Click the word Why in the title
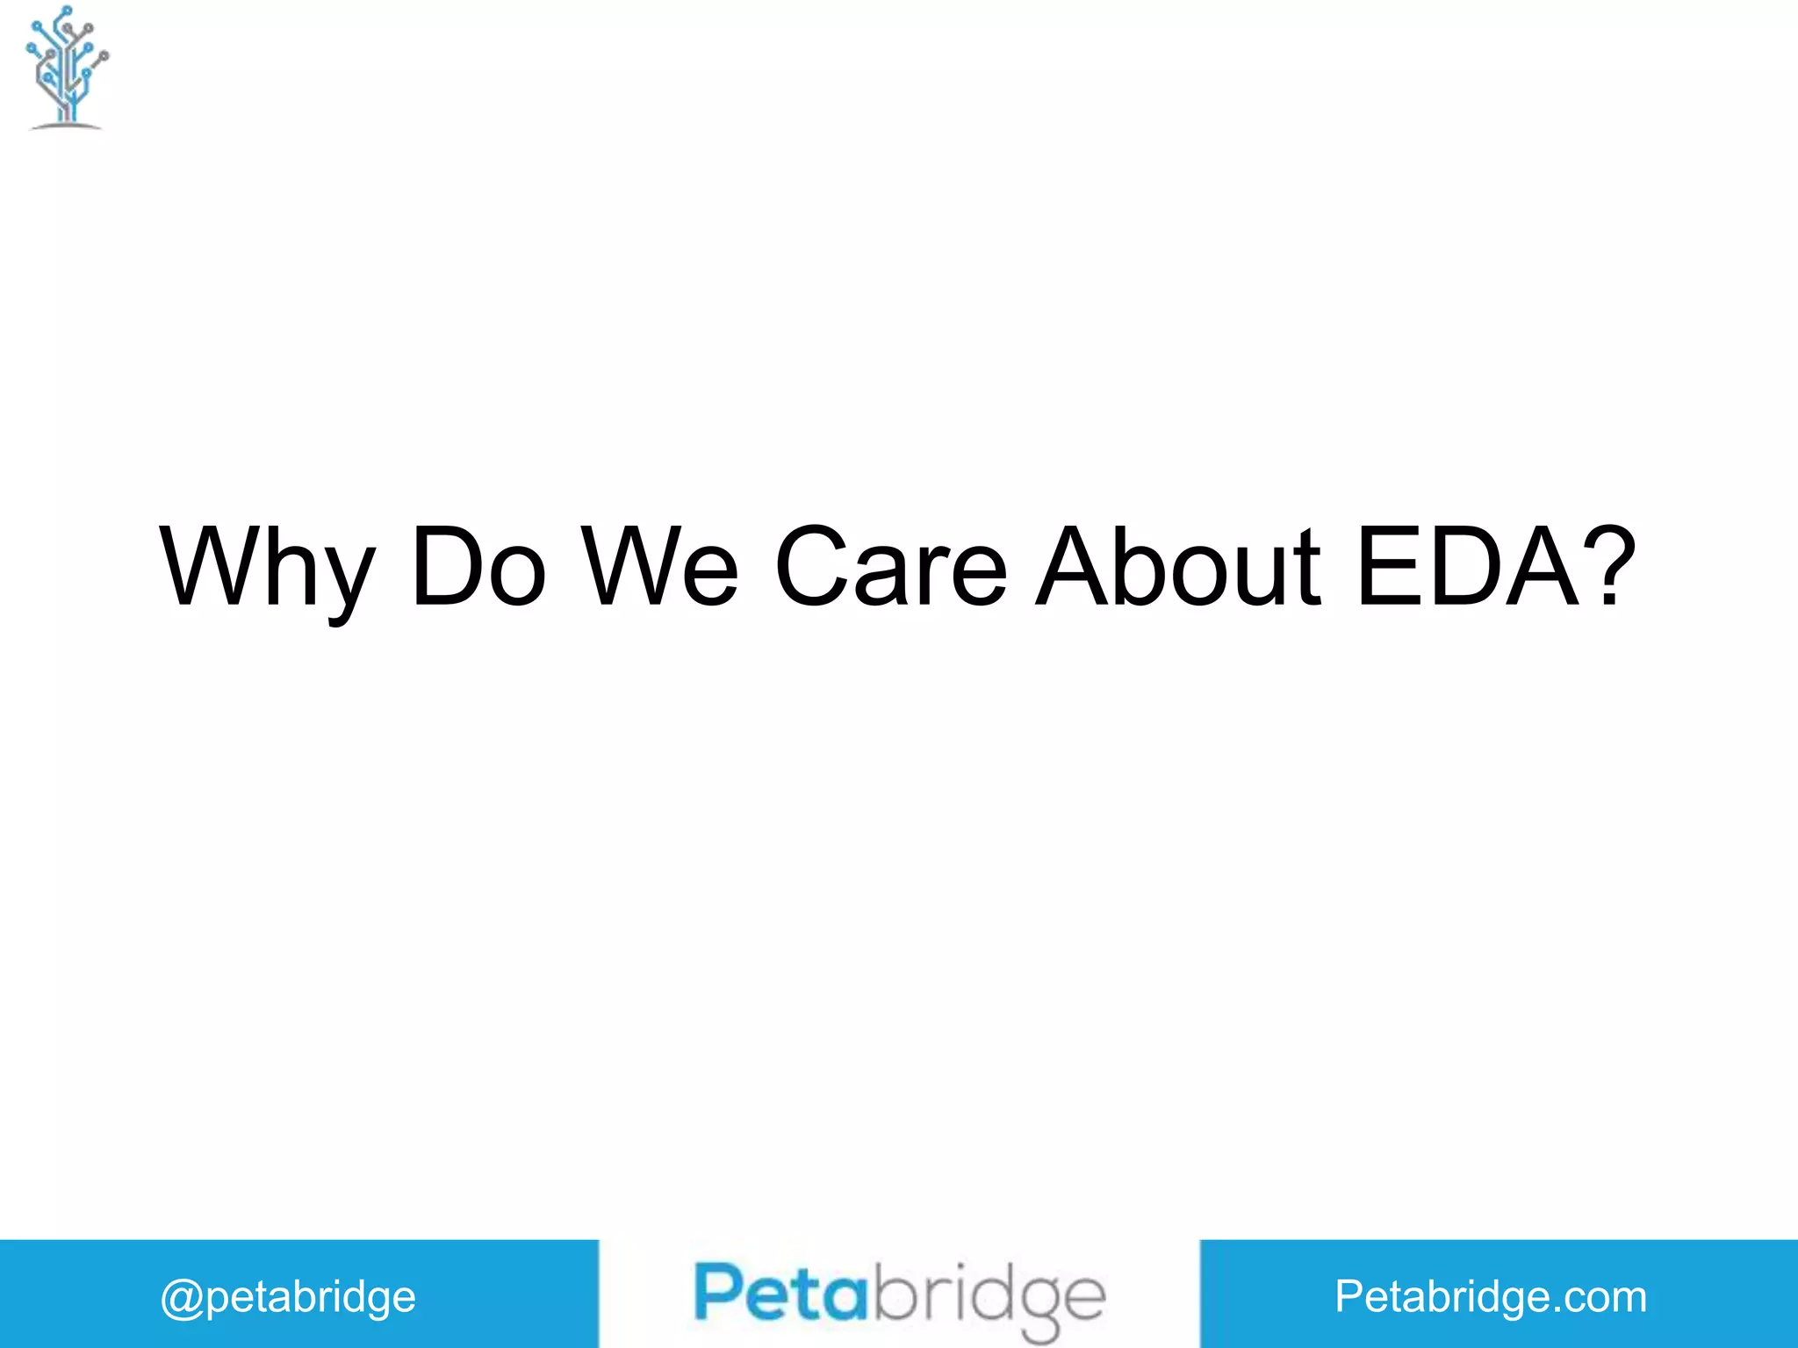(267, 569)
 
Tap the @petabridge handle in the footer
(288, 1297)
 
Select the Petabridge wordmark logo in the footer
(899, 1297)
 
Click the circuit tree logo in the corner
(67, 68)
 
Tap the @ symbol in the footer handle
(182, 1298)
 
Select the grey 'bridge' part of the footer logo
(987, 1297)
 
